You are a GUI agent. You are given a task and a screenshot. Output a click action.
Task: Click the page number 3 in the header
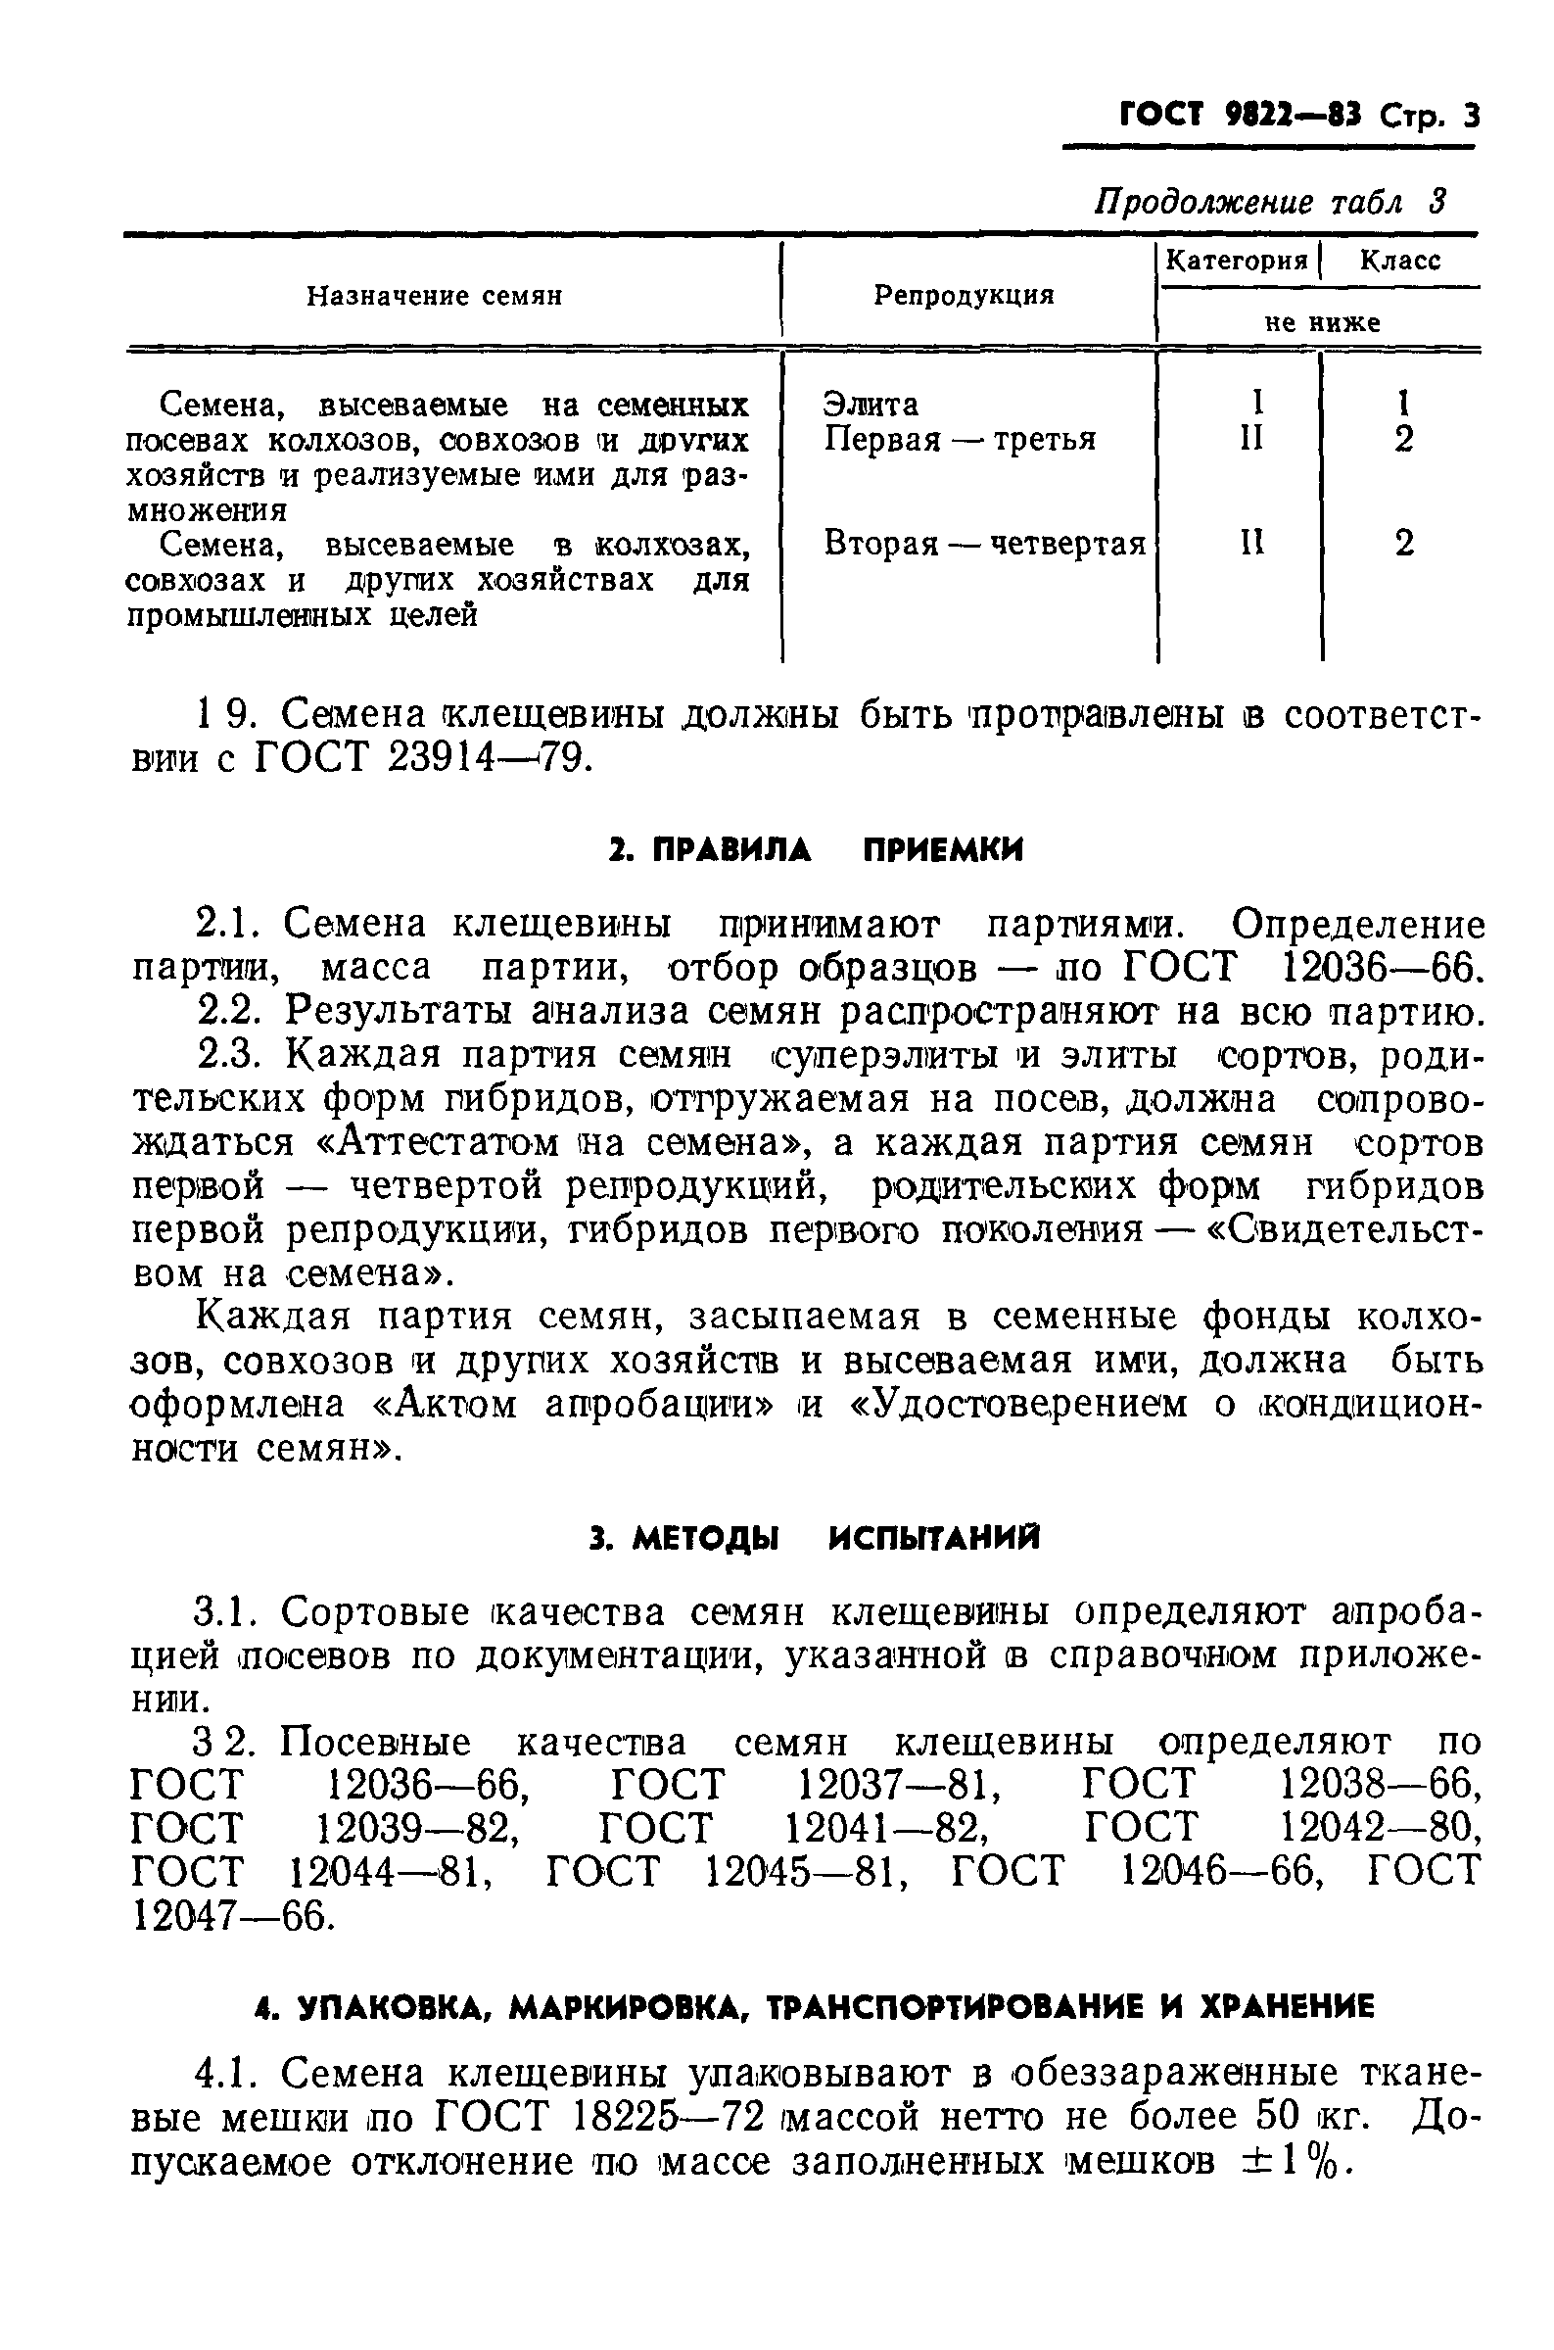pos(1470,117)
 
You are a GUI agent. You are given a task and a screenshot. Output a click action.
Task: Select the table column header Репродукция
pos(964,295)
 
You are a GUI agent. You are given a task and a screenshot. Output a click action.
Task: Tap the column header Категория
pos(1237,261)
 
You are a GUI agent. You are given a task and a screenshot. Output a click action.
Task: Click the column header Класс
pos(1399,261)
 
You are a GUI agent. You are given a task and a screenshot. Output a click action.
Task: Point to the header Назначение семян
pos(434,296)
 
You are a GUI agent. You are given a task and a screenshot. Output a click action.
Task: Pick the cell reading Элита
pos(871,404)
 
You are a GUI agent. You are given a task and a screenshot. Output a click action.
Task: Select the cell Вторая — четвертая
pos(985,543)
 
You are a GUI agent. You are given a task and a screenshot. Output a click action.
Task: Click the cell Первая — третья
pos(960,438)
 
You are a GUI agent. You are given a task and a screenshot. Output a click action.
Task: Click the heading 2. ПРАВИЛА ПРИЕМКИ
pos(816,849)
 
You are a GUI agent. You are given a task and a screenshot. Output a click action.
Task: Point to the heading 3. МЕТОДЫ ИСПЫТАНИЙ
pos(814,1539)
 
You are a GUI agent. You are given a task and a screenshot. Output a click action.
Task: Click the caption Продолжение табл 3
pos(1271,201)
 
